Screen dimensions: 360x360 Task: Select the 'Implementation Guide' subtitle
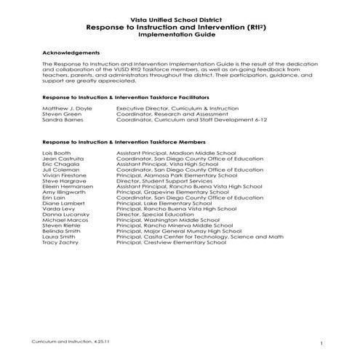(x=180, y=33)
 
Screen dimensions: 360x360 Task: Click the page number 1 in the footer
(x=321, y=342)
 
